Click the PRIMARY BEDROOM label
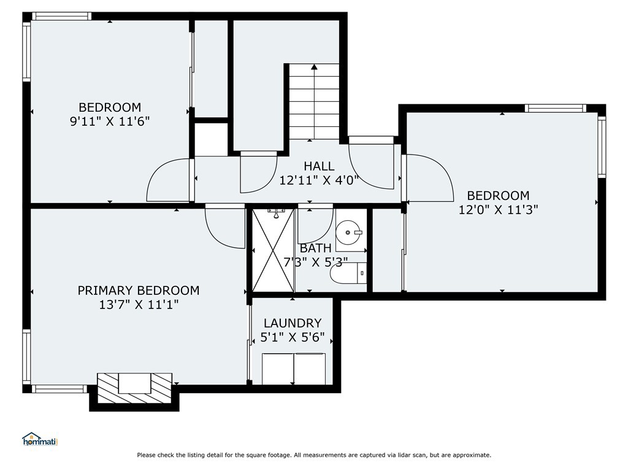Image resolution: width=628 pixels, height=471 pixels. (139, 290)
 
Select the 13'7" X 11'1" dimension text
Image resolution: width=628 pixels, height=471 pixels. (139, 305)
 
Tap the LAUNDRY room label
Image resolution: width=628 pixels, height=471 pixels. (293, 323)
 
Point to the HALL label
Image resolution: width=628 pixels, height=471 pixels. (319, 166)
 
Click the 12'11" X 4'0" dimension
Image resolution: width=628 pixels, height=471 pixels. (318, 180)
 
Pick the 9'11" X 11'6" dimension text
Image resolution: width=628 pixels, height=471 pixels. (110, 121)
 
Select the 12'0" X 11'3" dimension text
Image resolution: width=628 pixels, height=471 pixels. (498, 210)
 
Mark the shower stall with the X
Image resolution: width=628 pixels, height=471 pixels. (273, 250)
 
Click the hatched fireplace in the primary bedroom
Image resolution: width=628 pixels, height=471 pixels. (134, 388)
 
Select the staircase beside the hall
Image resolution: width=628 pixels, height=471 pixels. (314, 101)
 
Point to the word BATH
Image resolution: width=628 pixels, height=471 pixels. (316, 248)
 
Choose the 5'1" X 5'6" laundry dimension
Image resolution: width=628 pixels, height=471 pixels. (293, 337)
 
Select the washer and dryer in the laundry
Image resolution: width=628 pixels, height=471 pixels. (294, 369)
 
